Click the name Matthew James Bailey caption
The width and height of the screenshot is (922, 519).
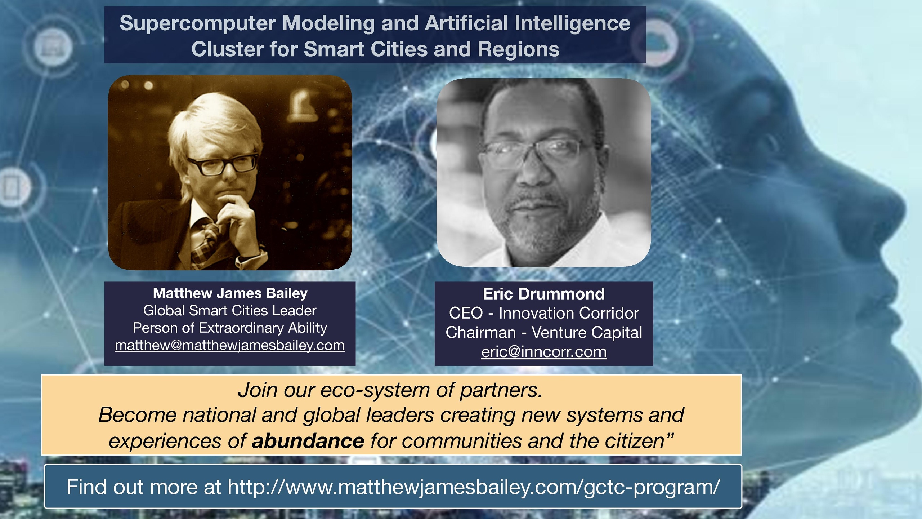(230, 293)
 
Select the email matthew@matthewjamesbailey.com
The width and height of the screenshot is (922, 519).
(230, 345)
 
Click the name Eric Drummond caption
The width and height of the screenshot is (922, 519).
(544, 294)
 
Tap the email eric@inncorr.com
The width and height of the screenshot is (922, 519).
(544, 352)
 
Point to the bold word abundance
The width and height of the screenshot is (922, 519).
(308, 441)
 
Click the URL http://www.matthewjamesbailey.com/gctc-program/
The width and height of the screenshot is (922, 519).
(474, 487)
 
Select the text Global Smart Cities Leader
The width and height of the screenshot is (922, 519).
(230, 311)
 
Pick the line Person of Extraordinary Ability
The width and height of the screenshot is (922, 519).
(230, 328)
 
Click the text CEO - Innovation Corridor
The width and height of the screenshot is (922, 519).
(544, 313)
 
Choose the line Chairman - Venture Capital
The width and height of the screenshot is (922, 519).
(544, 332)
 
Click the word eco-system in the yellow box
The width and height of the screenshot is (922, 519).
(375, 390)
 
